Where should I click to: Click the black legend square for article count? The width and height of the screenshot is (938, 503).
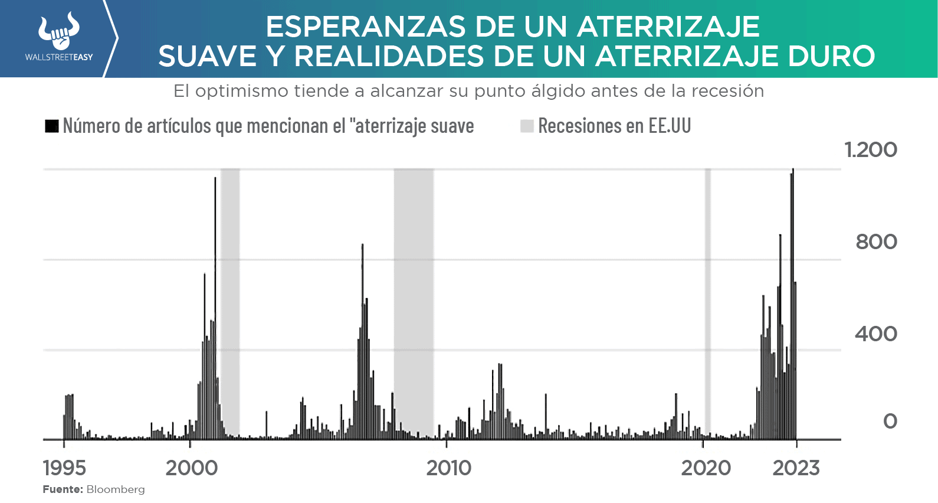point(52,126)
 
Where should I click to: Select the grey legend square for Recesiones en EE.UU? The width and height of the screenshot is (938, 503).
point(527,126)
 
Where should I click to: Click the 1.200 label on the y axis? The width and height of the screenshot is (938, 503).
point(871,150)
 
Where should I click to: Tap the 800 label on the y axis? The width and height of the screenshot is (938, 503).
point(877,241)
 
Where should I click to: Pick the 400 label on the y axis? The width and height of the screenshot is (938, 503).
point(876,334)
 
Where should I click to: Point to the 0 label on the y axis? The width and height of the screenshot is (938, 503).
point(890,421)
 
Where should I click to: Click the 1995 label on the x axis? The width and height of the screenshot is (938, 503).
point(64,468)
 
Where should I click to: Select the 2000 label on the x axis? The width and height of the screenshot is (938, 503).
point(192,468)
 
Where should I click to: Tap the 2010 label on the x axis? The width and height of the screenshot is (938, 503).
point(449,468)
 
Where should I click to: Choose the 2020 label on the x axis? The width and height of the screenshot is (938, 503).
point(706,468)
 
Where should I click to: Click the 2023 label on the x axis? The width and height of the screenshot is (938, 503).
point(796,468)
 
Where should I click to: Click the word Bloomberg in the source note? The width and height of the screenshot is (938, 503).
point(116,489)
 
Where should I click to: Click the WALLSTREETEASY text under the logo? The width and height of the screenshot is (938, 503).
point(59,57)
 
